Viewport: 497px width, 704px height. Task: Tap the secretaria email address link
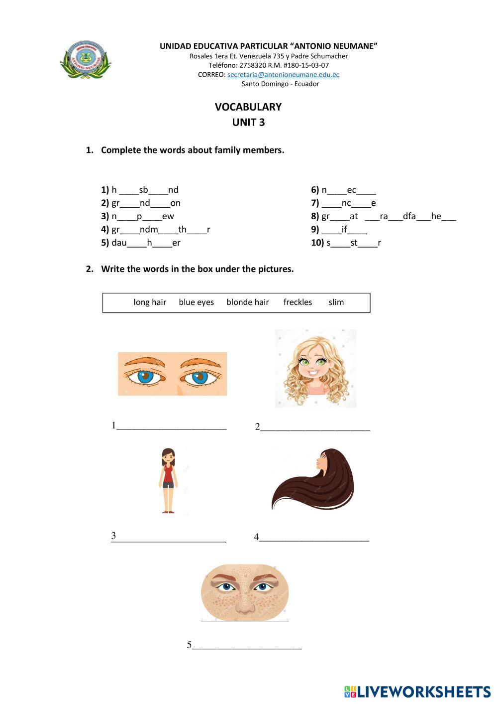point(283,75)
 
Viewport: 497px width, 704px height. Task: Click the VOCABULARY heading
point(248,107)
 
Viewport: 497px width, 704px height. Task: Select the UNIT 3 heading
point(248,122)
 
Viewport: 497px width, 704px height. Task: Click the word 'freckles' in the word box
point(298,302)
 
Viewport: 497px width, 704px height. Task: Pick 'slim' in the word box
point(336,302)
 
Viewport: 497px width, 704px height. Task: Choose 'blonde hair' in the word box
point(247,302)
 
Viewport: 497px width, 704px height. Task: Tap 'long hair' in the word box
point(150,302)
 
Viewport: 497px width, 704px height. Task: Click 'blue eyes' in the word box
point(196,302)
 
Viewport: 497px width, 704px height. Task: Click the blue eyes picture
point(172,374)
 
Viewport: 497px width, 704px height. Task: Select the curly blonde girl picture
point(315,368)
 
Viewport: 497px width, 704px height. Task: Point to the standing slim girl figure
point(169,480)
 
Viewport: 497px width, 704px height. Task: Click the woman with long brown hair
point(313,479)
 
